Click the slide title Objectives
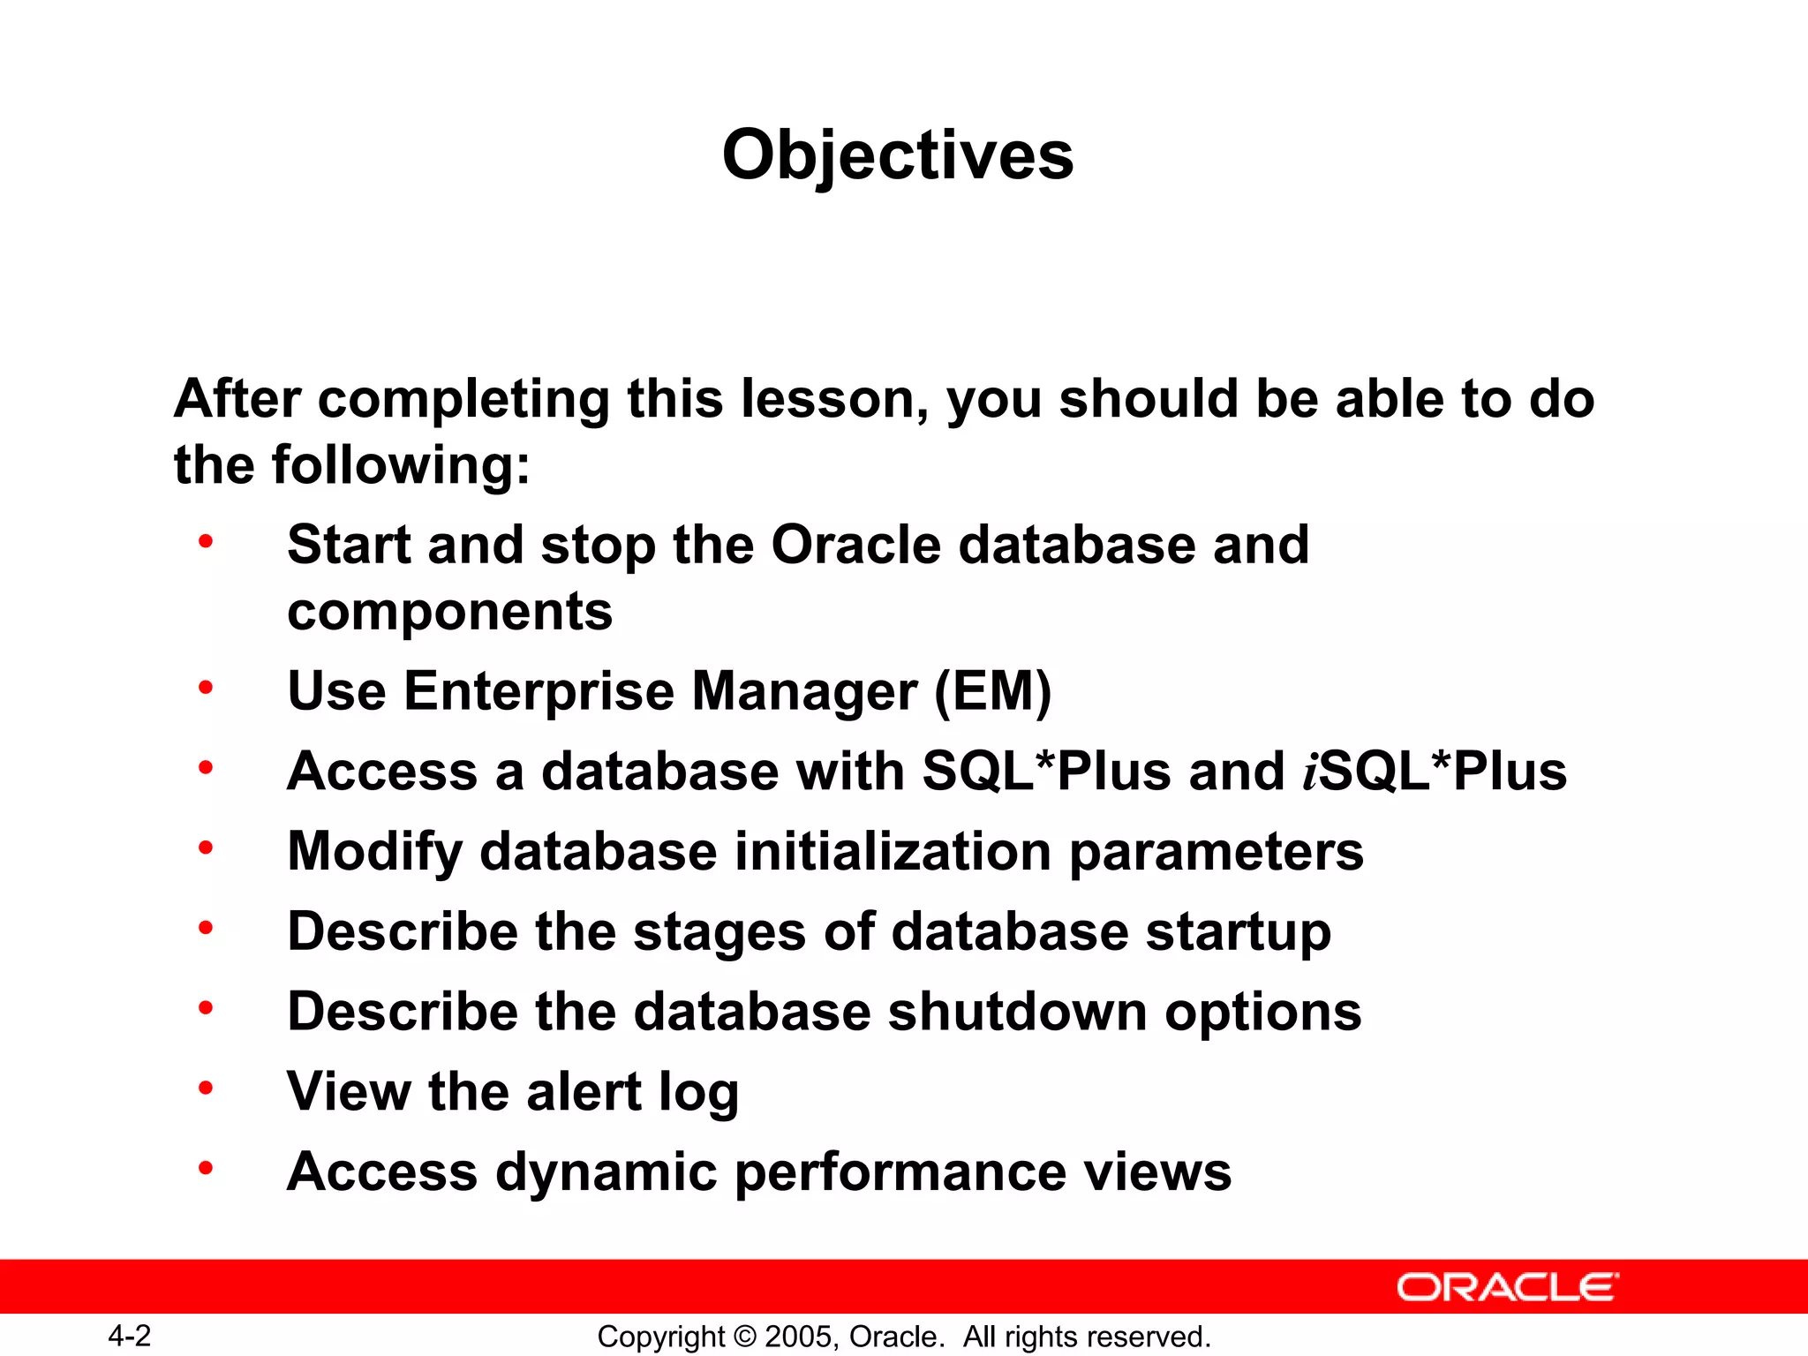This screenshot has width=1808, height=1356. click(898, 155)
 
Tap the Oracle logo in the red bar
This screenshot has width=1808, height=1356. click(1507, 1287)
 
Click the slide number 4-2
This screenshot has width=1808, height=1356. click(130, 1336)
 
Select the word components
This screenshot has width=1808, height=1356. click(449, 611)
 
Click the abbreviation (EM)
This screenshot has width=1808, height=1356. click(993, 690)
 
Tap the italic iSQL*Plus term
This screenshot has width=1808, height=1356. click(1435, 771)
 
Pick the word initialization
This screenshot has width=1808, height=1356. click(893, 851)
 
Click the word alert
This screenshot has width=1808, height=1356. click(584, 1092)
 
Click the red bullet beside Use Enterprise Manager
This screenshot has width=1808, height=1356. click(206, 688)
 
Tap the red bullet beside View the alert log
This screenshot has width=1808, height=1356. click(206, 1089)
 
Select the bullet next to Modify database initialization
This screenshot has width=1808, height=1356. click(206, 848)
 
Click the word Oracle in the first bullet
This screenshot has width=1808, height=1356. click(856, 545)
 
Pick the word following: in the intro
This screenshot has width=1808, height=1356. click(401, 465)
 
